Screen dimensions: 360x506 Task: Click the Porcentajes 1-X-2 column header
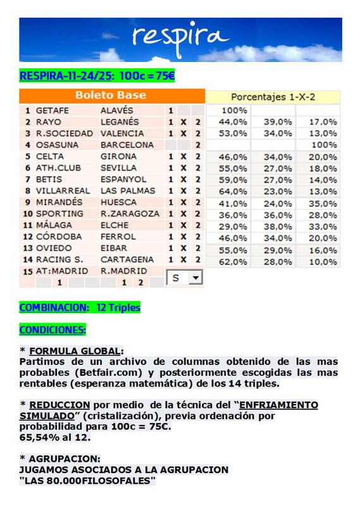pyautogui.click(x=273, y=97)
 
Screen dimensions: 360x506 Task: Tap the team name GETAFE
pyautogui.click(x=54, y=110)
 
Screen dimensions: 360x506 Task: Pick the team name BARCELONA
pyautogui.click(x=127, y=145)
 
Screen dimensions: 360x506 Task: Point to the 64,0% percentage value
pyautogui.click(x=233, y=191)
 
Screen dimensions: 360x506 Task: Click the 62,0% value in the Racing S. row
pyautogui.click(x=233, y=260)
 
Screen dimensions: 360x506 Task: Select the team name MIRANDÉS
pyautogui.click(x=59, y=202)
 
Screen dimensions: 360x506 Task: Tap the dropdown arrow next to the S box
pyautogui.click(x=196, y=278)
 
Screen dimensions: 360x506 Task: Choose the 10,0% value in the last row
pyautogui.click(x=323, y=260)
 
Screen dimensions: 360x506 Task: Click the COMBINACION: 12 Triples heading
pyautogui.click(x=80, y=307)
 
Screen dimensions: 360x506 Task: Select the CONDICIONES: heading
pyautogui.click(x=53, y=330)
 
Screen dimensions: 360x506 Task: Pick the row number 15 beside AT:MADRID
pyautogui.click(x=27, y=271)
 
